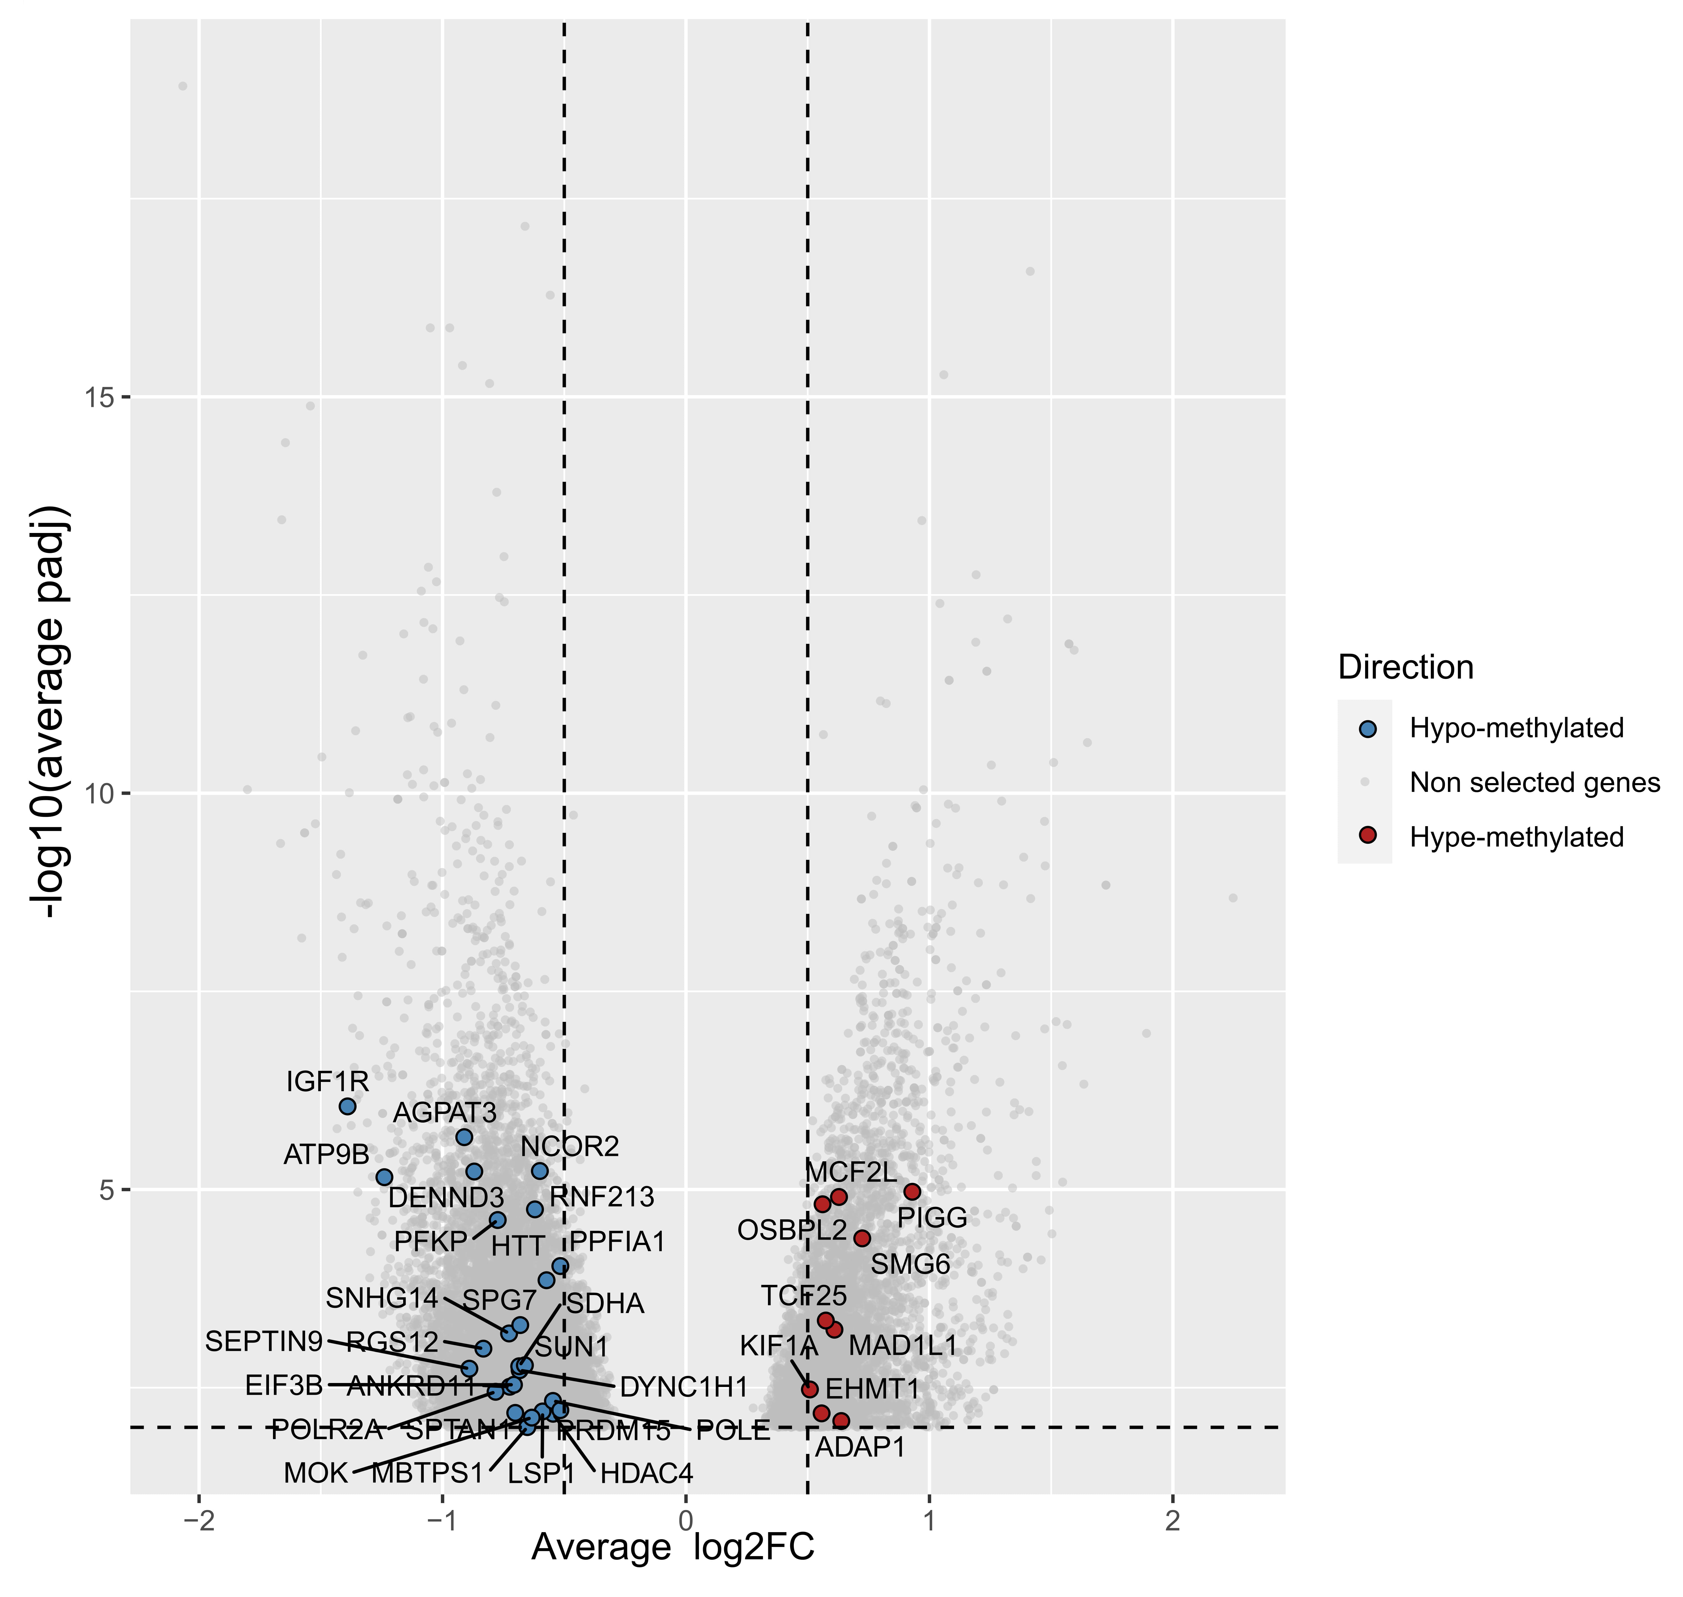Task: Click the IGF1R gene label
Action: pos(327,1082)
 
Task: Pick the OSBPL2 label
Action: pos(792,1230)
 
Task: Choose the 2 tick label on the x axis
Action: pos(1173,1521)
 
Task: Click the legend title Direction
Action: pos(1405,667)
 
